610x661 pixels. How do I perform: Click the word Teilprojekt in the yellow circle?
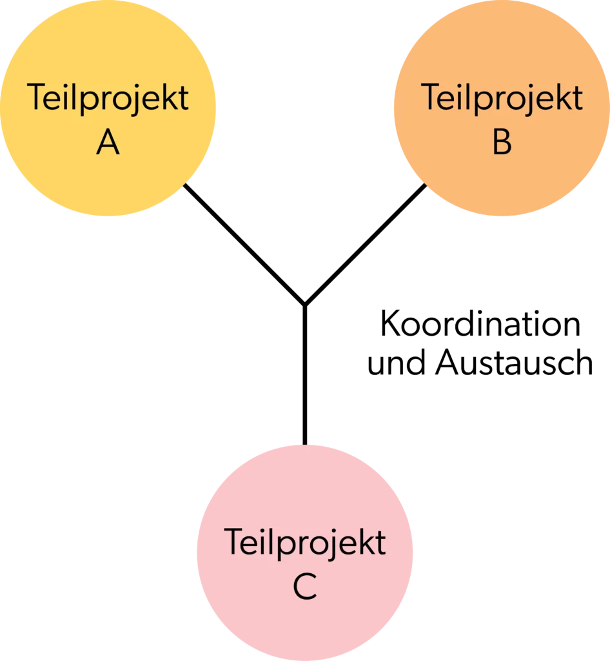[108, 99]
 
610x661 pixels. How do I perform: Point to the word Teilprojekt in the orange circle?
[502, 98]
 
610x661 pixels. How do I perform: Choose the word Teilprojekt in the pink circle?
[304, 542]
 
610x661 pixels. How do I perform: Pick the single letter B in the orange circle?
[502, 143]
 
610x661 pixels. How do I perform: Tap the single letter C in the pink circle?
[304, 587]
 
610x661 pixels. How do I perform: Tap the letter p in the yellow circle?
[90, 102]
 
